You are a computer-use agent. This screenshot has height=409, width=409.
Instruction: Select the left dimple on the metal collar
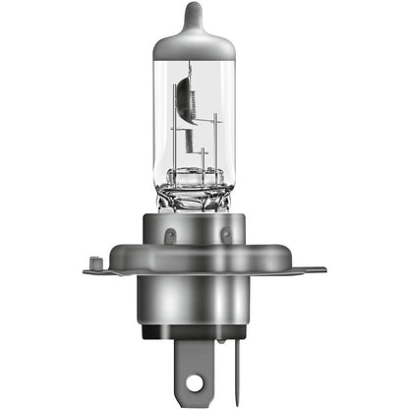[x=170, y=236]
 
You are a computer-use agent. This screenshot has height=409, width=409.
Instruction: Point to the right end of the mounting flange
[x=320, y=268]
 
